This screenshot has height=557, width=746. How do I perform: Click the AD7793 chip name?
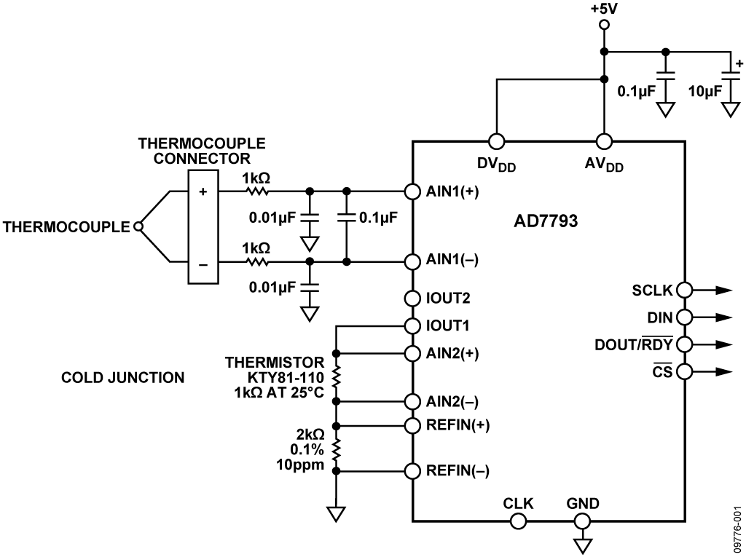(546, 221)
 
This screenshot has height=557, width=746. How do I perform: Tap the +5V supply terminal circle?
(604, 25)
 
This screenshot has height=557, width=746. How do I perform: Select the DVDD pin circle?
(496, 141)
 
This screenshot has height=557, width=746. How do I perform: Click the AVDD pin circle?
(604, 141)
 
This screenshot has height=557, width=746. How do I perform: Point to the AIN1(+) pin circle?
(412, 191)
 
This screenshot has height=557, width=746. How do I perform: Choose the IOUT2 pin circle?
(412, 299)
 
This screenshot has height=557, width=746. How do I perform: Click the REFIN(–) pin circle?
(412, 471)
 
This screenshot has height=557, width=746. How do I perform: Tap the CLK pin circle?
(518, 521)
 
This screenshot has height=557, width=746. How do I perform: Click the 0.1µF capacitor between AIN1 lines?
(346, 218)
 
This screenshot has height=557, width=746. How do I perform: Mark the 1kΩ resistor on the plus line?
(257, 191)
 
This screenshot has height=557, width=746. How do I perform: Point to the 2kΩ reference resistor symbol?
(336, 448)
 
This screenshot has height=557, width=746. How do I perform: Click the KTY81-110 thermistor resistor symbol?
(336, 378)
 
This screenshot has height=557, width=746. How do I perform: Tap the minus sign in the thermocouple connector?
(203, 264)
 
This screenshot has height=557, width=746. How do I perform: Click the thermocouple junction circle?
(138, 226)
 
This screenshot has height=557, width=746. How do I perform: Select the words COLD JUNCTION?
(122, 378)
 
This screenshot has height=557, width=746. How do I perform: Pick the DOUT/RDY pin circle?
(684, 344)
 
